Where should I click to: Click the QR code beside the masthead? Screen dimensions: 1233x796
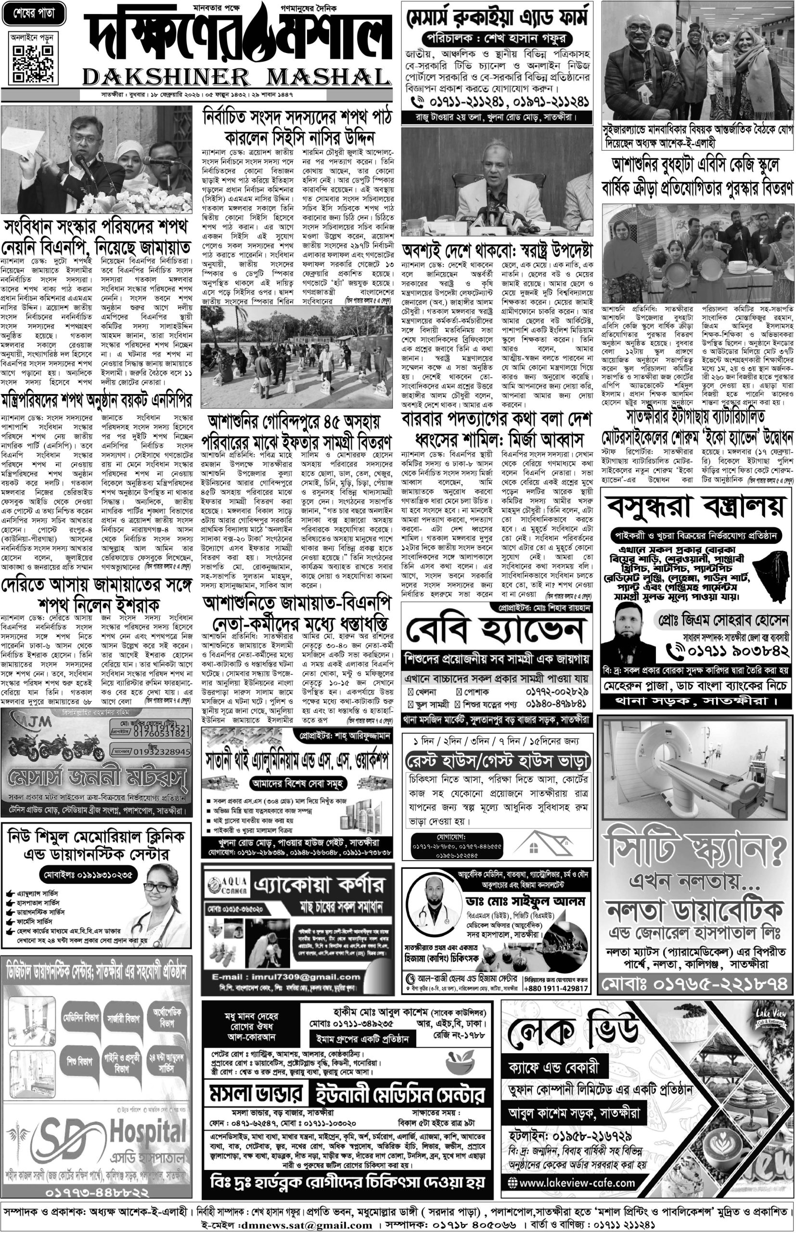click(x=32, y=64)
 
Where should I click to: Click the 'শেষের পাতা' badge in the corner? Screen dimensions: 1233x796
click(x=34, y=14)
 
